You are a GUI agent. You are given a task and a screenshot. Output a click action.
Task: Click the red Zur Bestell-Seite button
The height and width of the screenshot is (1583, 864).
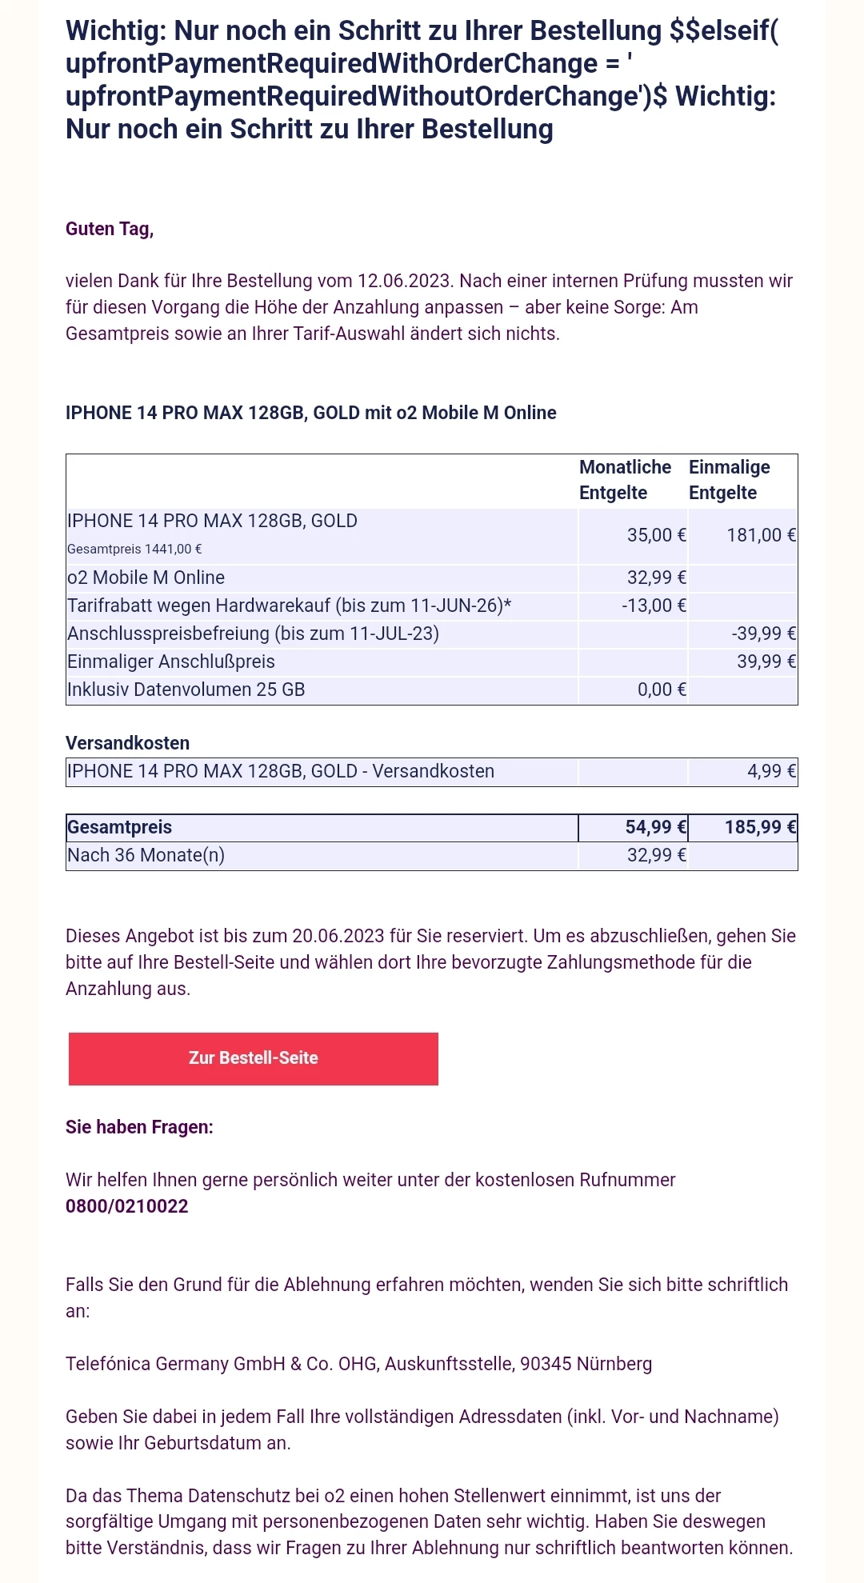tap(253, 1058)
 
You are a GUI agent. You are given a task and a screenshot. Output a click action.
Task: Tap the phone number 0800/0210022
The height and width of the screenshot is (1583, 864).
tap(127, 1206)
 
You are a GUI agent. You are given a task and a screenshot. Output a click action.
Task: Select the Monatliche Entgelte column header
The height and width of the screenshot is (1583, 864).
tap(625, 480)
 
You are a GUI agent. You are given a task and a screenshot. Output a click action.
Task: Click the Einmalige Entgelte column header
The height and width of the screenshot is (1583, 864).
tap(729, 480)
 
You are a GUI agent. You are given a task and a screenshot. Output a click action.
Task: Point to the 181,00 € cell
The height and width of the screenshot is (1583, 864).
tap(761, 535)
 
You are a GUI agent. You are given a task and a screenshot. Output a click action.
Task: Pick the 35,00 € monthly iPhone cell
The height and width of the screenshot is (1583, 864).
tap(656, 535)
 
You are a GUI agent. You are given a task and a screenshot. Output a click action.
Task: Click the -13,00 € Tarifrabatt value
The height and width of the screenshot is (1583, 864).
tap(654, 606)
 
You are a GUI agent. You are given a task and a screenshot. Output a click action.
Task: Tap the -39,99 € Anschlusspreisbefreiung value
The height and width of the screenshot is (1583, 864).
tap(763, 634)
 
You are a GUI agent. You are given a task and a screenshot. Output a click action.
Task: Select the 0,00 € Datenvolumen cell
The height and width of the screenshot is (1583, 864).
tap(662, 690)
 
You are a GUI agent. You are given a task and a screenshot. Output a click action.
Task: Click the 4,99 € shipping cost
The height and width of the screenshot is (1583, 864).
tap(771, 771)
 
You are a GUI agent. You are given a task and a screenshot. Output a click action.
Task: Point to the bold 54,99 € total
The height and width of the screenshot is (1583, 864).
tap(655, 827)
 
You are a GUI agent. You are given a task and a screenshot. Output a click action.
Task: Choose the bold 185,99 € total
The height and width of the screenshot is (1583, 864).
tap(760, 827)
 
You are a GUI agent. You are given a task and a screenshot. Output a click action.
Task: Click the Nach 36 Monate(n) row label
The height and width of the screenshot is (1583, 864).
tap(146, 855)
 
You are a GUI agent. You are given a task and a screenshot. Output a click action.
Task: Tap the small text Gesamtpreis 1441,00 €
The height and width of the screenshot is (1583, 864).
tap(134, 549)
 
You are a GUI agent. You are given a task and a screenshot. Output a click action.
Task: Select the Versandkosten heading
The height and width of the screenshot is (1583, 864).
tap(128, 743)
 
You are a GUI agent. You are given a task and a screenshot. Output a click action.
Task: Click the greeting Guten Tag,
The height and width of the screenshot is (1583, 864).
tap(110, 229)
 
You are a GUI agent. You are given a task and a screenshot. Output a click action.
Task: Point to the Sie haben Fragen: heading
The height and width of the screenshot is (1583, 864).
tap(139, 1127)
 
